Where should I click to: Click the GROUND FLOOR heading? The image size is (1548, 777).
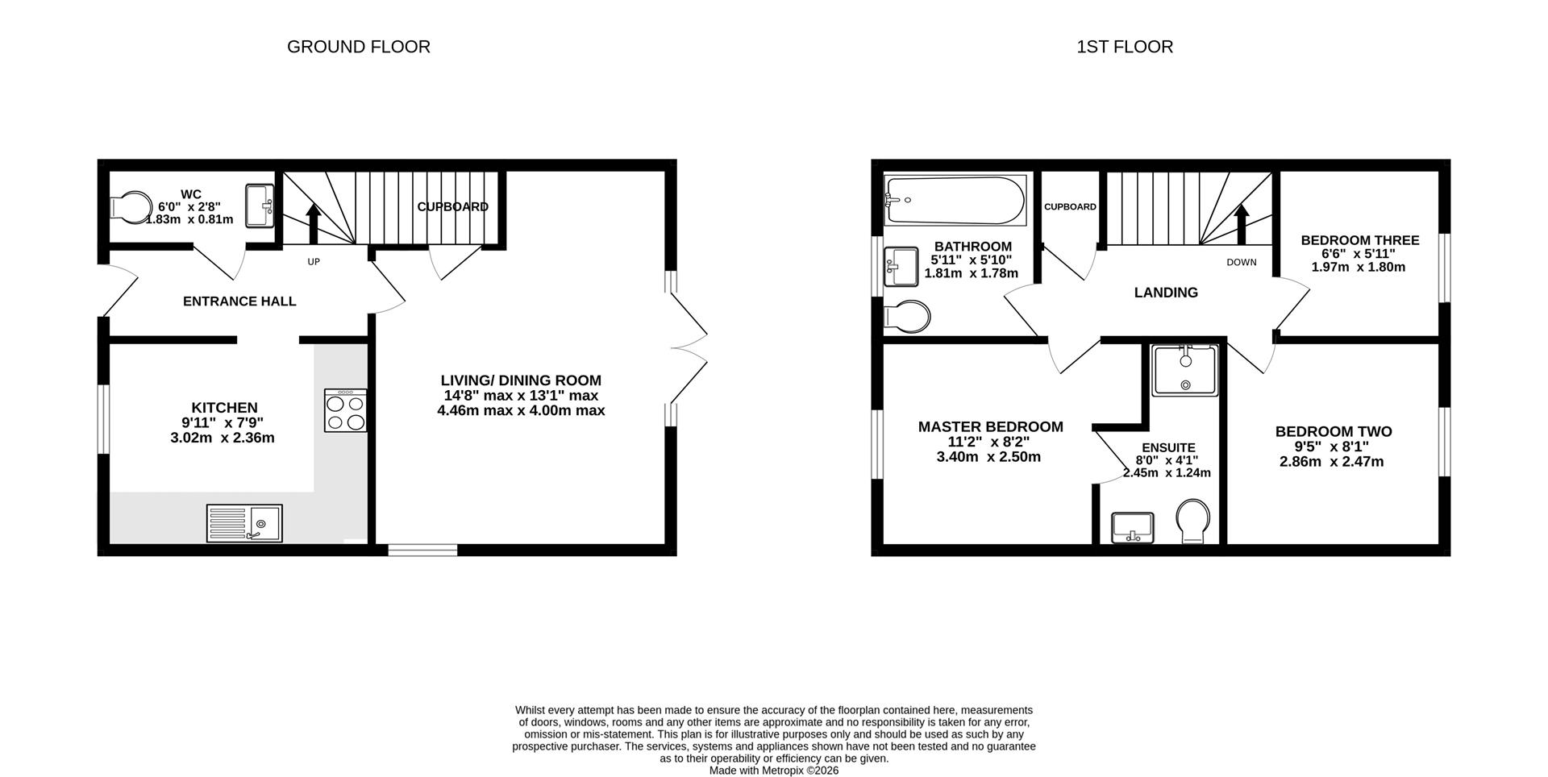[358, 47]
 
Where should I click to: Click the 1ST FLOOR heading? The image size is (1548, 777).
[1124, 47]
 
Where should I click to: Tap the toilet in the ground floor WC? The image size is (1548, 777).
[130, 206]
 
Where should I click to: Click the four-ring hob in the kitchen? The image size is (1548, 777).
[345, 411]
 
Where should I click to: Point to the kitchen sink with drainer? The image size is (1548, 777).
[244, 523]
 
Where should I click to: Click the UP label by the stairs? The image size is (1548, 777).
[314, 262]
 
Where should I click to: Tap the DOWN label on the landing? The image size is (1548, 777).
[1241, 262]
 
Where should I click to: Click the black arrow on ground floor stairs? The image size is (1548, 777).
[314, 223]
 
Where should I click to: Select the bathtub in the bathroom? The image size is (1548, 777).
[955, 200]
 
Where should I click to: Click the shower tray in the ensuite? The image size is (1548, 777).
[1184, 371]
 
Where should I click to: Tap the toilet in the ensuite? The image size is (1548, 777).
[1192, 521]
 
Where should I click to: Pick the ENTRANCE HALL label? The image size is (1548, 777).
[239, 301]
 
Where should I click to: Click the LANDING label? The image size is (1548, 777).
[1165, 293]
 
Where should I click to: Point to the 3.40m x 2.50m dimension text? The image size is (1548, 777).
[988, 457]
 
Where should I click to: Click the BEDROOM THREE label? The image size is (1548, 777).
[1359, 240]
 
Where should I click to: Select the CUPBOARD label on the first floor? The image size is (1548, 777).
[1069, 207]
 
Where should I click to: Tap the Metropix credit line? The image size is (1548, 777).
[773, 771]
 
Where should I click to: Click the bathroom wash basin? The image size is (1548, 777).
[901, 266]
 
